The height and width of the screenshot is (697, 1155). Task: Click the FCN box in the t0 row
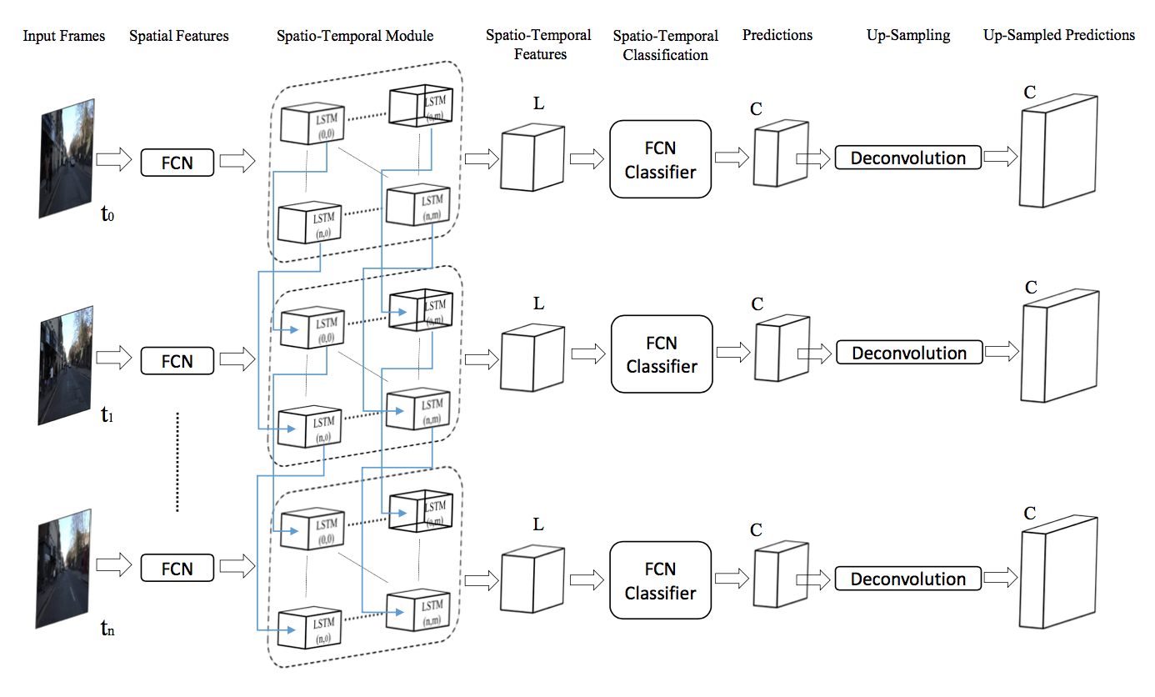(177, 163)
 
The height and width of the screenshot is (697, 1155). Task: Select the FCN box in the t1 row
(177, 361)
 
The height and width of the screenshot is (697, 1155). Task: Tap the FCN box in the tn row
(177, 569)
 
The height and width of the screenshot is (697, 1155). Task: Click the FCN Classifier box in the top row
(661, 159)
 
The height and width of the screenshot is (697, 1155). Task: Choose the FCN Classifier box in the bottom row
(661, 580)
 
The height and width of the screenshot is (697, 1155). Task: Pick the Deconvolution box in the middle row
(909, 353)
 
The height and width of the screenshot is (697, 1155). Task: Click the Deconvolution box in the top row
(908, 158)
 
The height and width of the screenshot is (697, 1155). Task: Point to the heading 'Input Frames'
(64, 36)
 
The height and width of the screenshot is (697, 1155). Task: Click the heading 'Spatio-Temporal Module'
(355, 36)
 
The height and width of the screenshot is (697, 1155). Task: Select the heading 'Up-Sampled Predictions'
(1059, 35)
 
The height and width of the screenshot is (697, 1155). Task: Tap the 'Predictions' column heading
(777, 35)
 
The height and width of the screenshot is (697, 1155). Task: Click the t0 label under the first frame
(107, 214)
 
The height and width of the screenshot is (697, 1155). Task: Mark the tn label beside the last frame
(107, 629)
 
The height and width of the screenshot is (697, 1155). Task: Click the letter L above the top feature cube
(538, 103)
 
